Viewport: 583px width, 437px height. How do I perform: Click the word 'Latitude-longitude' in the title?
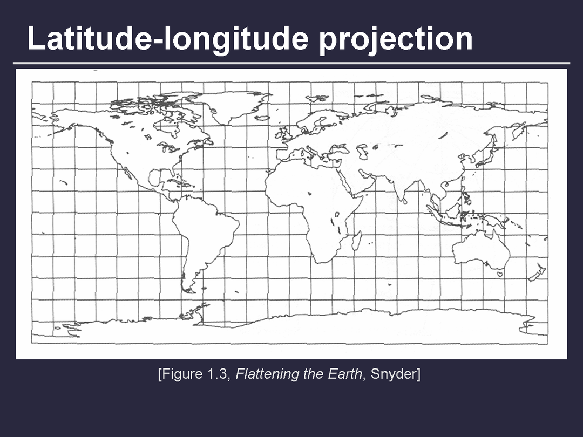pyautogui.click(x=168, y=39)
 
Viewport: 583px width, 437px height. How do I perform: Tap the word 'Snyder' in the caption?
pyautogui.click(x=395, y=374)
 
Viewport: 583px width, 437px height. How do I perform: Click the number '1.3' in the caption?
pyautogui.click(x=218, y=373)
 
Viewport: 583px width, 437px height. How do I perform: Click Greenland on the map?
pyautogui.click(x=231, y=106)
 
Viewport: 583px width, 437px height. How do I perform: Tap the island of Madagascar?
pyautogui.click(x=357, y=241)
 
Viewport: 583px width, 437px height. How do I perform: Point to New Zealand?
pyautogui.click(x=537, y=273)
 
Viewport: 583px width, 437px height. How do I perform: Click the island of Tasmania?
pyautogui.click(x=500, y=274)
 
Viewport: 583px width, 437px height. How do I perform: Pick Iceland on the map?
pyautogui.click(x=262, y=118)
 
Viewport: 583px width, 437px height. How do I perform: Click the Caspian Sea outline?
pyautogui.click(x=362, y=151)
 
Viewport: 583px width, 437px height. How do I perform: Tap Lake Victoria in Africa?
pyautogui.click(x=337, y=214)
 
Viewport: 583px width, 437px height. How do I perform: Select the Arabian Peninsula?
pyautogui.click(x=355, y=180)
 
